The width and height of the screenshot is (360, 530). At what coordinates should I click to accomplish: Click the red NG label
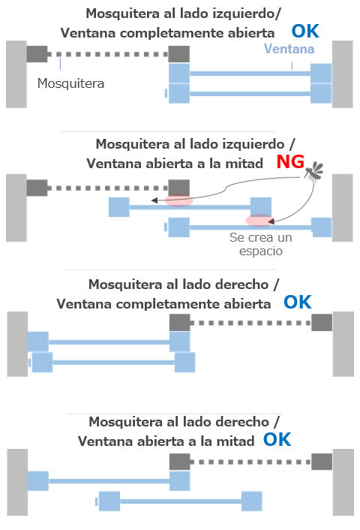pyautogui.click(x=290, y=162)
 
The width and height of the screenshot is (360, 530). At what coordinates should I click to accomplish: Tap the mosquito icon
pyautogui.click(x=314, y=171)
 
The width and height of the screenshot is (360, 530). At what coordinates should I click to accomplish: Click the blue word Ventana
pyautogui.click(x=289, y=49)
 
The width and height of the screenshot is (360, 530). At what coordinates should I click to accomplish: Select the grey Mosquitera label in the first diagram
pyautogui.click(x=70, y=83)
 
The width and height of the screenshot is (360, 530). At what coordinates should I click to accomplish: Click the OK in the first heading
pyautogui.click(x=305, y=32)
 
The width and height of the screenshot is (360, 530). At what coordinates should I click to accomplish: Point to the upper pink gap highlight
pyautogui.click(x=179, y=200)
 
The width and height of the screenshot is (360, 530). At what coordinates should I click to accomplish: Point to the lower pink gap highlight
pyautogui.click(x=259, y=221)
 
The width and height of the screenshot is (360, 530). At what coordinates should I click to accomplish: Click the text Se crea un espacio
pyautogui.click(x=261, y=244)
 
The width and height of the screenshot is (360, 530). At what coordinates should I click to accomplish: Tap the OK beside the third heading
pyautogui.click(x=297, y=303)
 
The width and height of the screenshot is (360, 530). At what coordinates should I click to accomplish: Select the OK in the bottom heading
pyautogui.click(x=277, y=440)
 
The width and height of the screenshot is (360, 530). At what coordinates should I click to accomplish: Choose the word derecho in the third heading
pyautogui.click(x=241, y=285)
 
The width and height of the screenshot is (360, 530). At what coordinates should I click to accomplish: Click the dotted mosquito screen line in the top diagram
pyautogui.click(x=108, y=54)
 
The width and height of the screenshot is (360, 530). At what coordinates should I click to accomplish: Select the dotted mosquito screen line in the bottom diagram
pyautogui.click(x=250, y=462)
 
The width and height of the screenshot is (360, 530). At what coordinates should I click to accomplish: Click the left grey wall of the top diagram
pyautogui.click(x=16, y=74)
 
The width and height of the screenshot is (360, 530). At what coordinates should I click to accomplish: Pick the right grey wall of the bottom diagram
pyautogui.click(x=343, y=483)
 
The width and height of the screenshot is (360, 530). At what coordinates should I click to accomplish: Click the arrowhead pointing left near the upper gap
pyautogui.click(x=154, y=200)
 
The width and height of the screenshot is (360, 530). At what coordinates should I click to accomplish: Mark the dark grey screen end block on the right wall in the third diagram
pyautogui.click(x=322, y=323)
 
